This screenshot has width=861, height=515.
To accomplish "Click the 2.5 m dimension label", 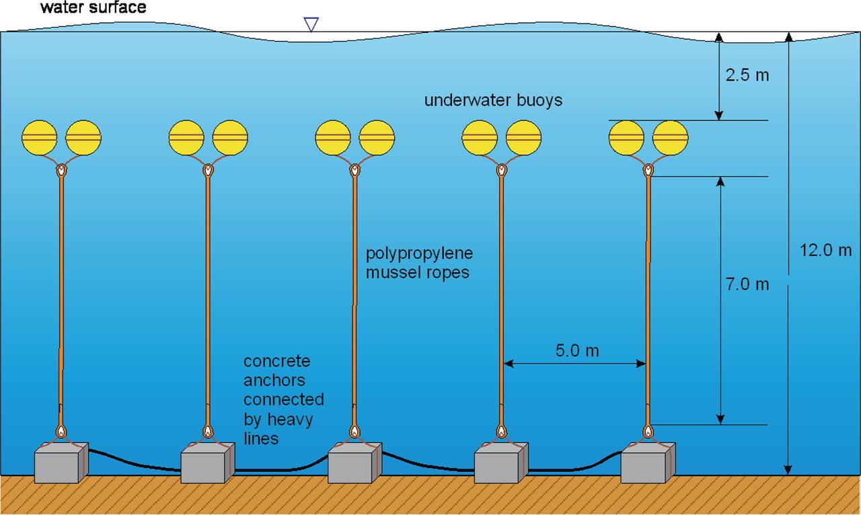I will pos(747,75).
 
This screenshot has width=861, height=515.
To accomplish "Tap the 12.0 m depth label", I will pos(825,250).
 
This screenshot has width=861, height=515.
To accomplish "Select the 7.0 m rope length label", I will pos(747,284).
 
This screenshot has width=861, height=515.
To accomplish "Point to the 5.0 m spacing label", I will pos(576,350).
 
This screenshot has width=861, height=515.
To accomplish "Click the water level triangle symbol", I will pos(310,24).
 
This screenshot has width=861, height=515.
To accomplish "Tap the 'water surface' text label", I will pos(93,8).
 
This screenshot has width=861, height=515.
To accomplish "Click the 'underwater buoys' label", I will pos(493,101).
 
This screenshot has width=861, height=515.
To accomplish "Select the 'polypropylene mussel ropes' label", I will pos(419,264).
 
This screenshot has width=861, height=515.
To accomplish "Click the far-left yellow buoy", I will pos(40,138).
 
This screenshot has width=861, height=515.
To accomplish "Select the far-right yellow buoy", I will pos(671,138).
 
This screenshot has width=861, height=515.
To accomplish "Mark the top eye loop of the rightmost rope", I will pos(648,171).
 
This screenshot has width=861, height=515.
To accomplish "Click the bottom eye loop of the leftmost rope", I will pos(61,430).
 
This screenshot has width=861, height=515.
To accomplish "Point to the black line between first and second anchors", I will pos(135,463).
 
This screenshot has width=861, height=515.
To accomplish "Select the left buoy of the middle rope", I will pos(333,138).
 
